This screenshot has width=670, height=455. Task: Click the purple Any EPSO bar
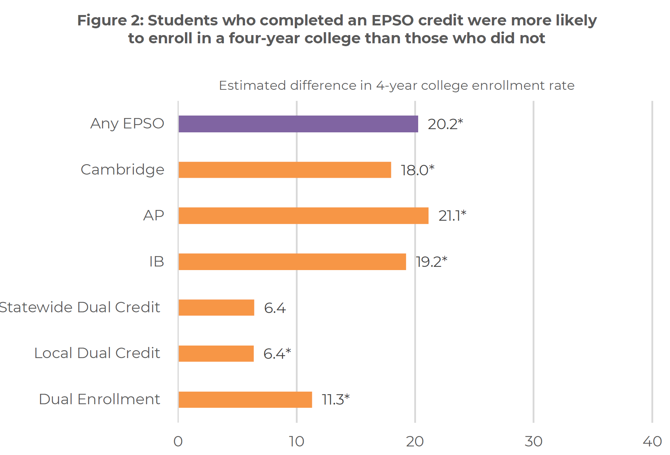pos(298,124)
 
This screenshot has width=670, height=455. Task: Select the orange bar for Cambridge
pos(284,170)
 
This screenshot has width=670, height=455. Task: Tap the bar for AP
pos(303,216)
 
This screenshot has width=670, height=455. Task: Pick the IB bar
pos(292,261)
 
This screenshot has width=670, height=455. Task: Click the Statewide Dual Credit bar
pos(216,307)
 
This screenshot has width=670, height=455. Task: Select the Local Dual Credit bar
pos(216,353)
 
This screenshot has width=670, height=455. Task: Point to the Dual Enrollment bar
pos(245,399)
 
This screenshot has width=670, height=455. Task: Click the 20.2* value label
pos(445,124)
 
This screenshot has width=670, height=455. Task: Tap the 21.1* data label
pos(452,216)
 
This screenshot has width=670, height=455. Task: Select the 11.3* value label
pos(335,400)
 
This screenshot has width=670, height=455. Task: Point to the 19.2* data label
pos(431,262)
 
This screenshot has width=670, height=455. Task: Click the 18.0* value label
pos(417,170)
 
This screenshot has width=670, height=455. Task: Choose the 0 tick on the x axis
pos(178,442)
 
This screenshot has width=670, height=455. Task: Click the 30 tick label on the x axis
pos(533,442)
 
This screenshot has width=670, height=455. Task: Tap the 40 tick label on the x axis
pos(652,442)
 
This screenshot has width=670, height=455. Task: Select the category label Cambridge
pos(122,170)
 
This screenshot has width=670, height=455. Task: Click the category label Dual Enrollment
pos(99,399)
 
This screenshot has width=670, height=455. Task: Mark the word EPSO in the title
pos(392,20)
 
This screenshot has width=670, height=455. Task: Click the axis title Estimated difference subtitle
pos(396,85)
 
